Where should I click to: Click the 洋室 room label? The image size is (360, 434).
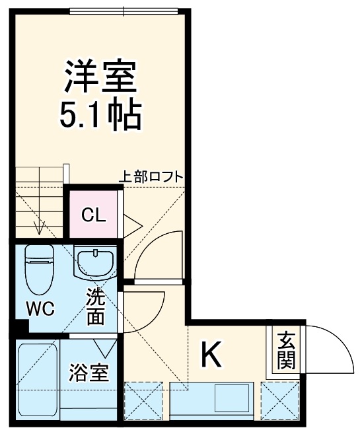click(x=100, y=77)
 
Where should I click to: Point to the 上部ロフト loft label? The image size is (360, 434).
click(x=151, y=177)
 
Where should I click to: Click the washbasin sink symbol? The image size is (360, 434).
click(x=95, y=262)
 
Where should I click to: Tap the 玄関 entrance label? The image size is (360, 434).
click(x=286, y=351)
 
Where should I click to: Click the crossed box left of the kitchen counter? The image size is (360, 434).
click(x=143, y=399)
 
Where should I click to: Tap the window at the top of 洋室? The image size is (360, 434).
click(x=124, y=11)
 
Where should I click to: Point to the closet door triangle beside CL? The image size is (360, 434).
click(x=130, y=224)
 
